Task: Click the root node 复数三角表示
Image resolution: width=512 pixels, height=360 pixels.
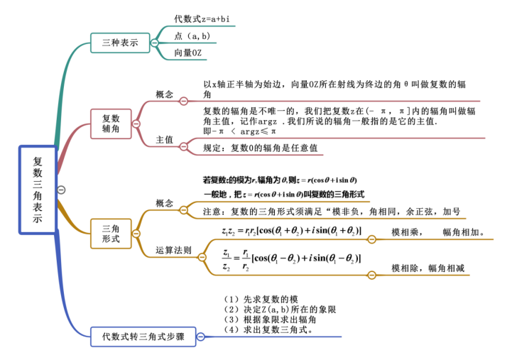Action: pyautogui.click(x=38, y=190)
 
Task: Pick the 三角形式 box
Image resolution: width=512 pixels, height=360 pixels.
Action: pyautogui.click(x=111, y=234)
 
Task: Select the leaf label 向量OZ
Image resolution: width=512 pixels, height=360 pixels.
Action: pyautogui.click(x=187, y=53)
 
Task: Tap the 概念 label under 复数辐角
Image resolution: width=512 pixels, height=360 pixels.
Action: pyautogui.click(x=165, y=94)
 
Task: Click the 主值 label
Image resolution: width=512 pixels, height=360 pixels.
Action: pyautogui.click(x=165, y=140)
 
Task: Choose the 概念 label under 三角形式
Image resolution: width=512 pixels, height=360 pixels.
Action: pyautogui.click(x=165, y=204)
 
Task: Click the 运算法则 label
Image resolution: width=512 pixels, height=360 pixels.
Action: pyautogui.click(x=174, y=250)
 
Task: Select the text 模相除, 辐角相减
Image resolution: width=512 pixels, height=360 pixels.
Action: pyautogui.click(x=427, y=268)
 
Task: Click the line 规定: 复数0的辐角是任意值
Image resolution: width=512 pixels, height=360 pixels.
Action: pyautogui.click(x=260, y=148)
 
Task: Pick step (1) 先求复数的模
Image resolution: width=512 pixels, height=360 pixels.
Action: pyautogui.click(x=260, y=299)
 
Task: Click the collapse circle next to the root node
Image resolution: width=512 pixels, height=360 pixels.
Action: pyautogui.click(x=61, y=190)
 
